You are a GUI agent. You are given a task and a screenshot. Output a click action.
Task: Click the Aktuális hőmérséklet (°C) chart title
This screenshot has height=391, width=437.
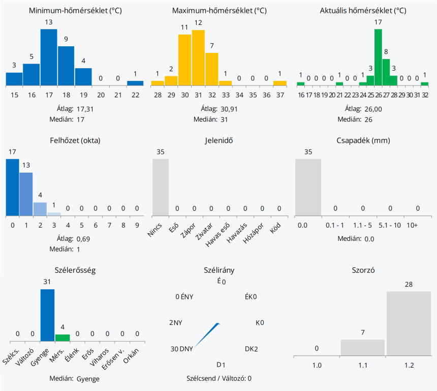(363, 11)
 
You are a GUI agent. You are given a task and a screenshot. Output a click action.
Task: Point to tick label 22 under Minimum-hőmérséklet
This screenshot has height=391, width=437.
(135, 95)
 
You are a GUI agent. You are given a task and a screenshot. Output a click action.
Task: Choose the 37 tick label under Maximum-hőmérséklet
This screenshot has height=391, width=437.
(280, 95)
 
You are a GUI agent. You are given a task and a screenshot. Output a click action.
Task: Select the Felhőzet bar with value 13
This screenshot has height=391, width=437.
(26, 194)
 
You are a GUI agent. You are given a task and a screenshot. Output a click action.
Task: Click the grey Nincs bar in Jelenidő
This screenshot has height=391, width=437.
(161, 187)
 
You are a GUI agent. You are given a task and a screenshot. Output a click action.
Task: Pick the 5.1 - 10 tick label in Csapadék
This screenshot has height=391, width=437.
(390, 225)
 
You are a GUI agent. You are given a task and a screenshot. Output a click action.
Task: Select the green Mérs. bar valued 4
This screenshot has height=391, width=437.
(63, 337)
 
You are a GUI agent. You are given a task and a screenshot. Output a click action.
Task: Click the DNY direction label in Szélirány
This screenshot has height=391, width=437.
(186, 349)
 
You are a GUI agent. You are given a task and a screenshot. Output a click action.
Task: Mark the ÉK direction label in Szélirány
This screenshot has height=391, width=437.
(248, 297)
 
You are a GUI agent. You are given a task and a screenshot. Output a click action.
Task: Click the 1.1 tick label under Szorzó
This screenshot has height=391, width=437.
(362, 365)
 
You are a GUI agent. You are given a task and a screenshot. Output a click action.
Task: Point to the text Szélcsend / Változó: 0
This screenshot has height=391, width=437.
(219, 378)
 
